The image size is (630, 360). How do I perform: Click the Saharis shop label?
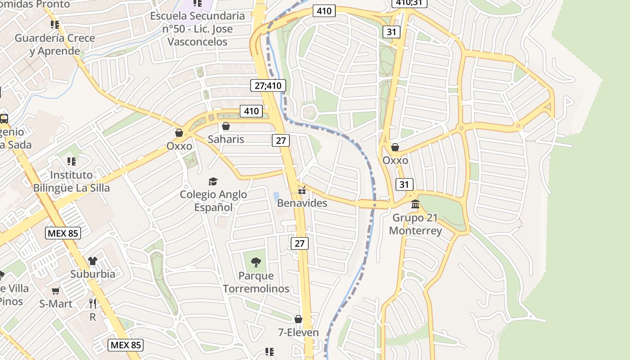click(x=226, y=139)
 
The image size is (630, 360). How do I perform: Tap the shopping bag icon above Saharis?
click(x=226, y=126)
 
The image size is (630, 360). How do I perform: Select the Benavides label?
click(x=302, y=203)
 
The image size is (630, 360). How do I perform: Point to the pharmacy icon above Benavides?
click(x=302, y=190)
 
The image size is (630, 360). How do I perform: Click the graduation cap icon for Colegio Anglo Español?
click(x=213, y=181)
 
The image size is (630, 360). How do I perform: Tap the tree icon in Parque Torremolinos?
click(x=256, y=262)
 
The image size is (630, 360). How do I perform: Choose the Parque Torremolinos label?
click(x=256, y=282)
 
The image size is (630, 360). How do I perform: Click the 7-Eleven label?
click(x=298, y=333)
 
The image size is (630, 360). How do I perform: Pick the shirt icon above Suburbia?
click(x=93, y=261)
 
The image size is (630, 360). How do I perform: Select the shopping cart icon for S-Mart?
click(x=56, y=291)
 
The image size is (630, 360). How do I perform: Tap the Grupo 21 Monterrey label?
click(x=415, y=224)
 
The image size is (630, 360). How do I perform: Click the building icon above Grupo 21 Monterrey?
click(x=415, y=205)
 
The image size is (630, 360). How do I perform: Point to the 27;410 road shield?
click(x=267, y=85)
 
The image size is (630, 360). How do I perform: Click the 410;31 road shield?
click(x=409, y=3)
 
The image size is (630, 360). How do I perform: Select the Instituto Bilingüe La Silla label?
click(x=72, y=181)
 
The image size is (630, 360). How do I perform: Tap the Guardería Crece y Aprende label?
click(x=55, y=44)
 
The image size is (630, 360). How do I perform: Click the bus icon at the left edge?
click(x=4, y=119)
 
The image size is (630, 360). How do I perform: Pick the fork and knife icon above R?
click(x=92, y=304)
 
